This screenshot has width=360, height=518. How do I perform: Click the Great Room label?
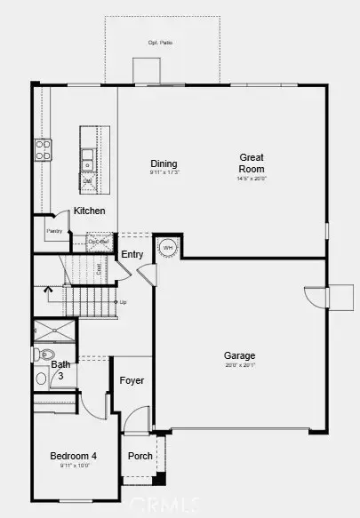[252, 163]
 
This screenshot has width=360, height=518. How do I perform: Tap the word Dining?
[164, 163]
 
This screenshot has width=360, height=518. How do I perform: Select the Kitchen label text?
[90, 211]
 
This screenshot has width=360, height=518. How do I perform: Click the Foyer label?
[132, 381]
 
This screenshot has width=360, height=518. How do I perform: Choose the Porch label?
[140, 457]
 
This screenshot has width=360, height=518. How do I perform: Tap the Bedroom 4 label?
[74, 457]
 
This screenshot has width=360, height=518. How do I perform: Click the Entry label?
[132, 255]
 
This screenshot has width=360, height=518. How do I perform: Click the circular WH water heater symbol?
[168, 247]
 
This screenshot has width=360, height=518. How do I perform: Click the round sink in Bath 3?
[42, 378]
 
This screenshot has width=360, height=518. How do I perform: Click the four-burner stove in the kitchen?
[42, 148]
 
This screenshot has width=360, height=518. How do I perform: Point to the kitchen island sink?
[87, 159]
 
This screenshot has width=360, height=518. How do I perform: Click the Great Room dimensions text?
[252, 179]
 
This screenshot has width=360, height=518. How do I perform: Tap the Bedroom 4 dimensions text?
[74, 466]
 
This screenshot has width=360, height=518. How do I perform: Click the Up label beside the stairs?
[122, 302]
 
